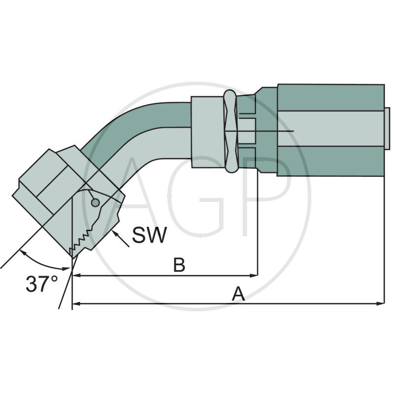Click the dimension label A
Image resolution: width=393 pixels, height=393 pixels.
(238, 294)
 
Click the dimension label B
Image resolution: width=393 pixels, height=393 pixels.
(179, 265)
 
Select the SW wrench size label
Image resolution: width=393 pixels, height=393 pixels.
(149, 235)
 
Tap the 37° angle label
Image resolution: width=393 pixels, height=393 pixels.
(42, 284)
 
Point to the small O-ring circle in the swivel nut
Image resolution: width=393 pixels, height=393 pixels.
(95, 202)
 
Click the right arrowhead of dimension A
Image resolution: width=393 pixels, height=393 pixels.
(381, 304)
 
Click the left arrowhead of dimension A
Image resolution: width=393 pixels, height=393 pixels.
(76, 304)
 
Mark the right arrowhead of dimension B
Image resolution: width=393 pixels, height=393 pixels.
(253, 276)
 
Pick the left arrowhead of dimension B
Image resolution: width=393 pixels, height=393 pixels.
(76, 276)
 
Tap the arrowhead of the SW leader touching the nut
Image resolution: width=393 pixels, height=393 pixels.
(114, 233)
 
